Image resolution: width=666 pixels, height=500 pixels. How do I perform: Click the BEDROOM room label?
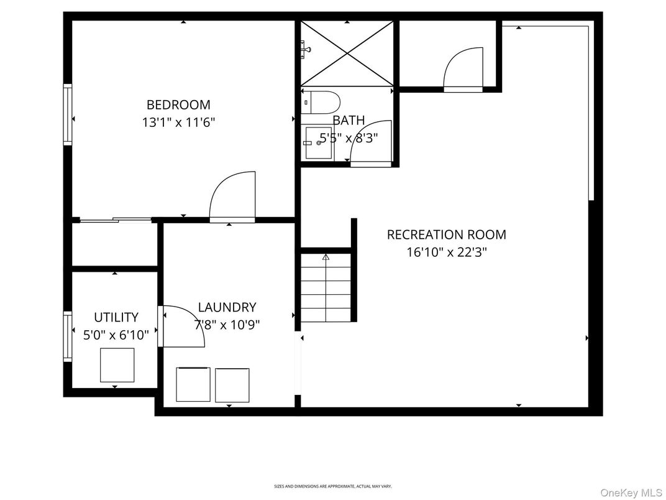point(178,104)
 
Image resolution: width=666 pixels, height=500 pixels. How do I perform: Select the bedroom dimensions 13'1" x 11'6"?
point(178,123)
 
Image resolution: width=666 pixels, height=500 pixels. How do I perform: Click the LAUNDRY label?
point(227,307)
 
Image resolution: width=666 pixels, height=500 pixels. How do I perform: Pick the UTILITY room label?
point(116,317)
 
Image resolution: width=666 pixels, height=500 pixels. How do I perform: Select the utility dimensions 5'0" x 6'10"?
point(116,335)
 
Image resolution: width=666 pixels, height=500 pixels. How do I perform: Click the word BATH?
point(349,120)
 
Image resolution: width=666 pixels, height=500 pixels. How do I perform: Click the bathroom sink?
point(317,142)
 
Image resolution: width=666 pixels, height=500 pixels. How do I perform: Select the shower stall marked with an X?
point(347,53)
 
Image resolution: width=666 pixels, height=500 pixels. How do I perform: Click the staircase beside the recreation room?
point(326,287)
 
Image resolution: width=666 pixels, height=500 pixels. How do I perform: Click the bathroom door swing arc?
point(372,142)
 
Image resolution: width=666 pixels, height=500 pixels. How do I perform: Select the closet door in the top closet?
point(463,68)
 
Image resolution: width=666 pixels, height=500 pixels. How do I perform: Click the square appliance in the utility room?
point(117,365)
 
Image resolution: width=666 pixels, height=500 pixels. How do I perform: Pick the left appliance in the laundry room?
point(193,384)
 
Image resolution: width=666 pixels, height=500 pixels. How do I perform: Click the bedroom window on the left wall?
point(67,114)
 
